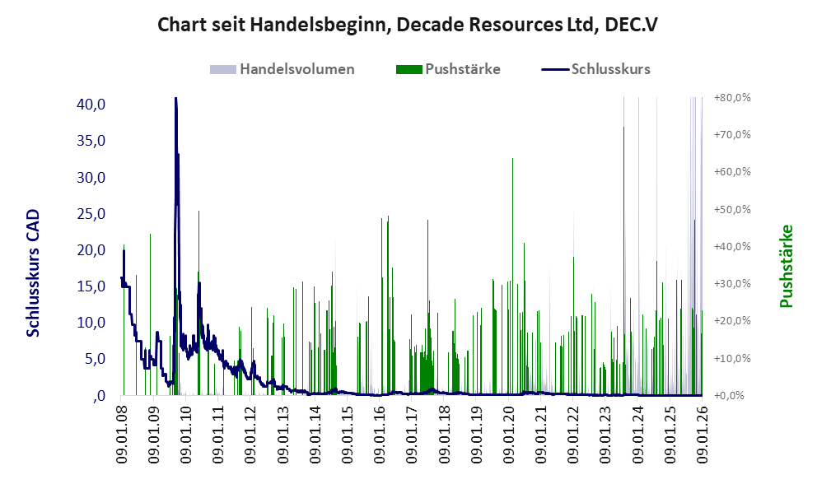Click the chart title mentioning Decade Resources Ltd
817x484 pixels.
pyautogui.click(x=408, y=25)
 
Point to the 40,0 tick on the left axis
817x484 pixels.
pyautogui.click(x=91, y=105)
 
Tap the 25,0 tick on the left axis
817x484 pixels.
pyautogui.click(x=91, y=214)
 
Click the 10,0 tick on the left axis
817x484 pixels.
pyautogui.click(x=91, y=323)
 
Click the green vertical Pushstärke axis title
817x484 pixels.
pyautogui.click(x=786, y=267)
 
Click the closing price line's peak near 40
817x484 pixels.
pyautogui.click(x=175, y=100)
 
